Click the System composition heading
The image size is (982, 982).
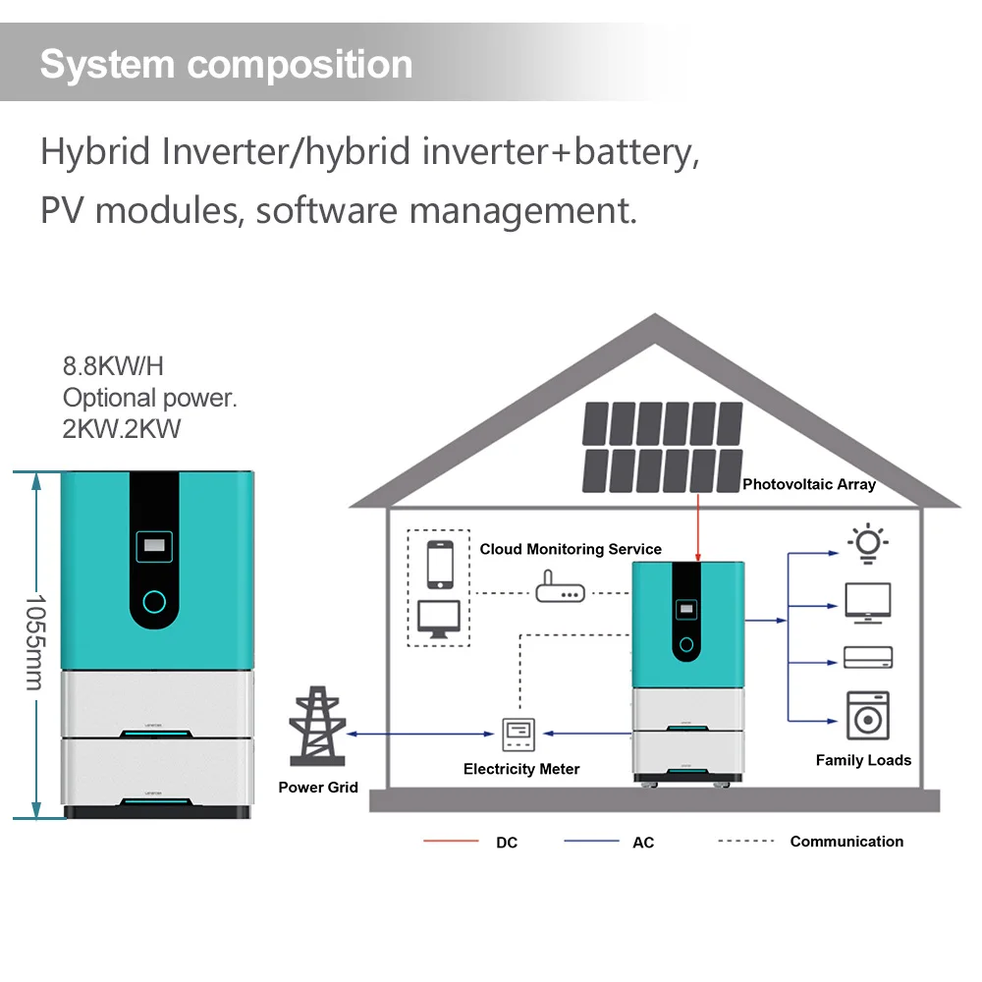pos(226,65)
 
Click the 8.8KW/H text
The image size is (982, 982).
pos(113,367)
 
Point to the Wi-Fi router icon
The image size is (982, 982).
pos(560,591)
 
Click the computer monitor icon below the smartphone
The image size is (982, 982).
pos(439,619)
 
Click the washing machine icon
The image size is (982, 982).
pos(867,715)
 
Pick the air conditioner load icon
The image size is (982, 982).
pos(868,657)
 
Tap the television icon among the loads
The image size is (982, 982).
pos(868,602)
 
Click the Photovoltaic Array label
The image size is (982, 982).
pos(808,484)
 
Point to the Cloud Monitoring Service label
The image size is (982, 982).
pos(571,549)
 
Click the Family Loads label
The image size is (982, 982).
pos(863,760)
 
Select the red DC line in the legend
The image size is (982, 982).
pos(451,842)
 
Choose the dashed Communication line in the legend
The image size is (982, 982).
pos(745,842)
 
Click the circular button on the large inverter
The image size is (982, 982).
pos(155,601)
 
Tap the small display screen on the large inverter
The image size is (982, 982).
pos(155,542)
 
